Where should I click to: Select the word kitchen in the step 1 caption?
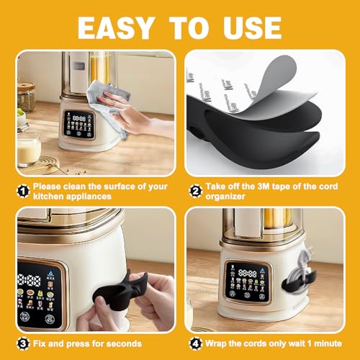[x=49, y=195]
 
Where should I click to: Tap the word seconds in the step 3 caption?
[x=124, y=344]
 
